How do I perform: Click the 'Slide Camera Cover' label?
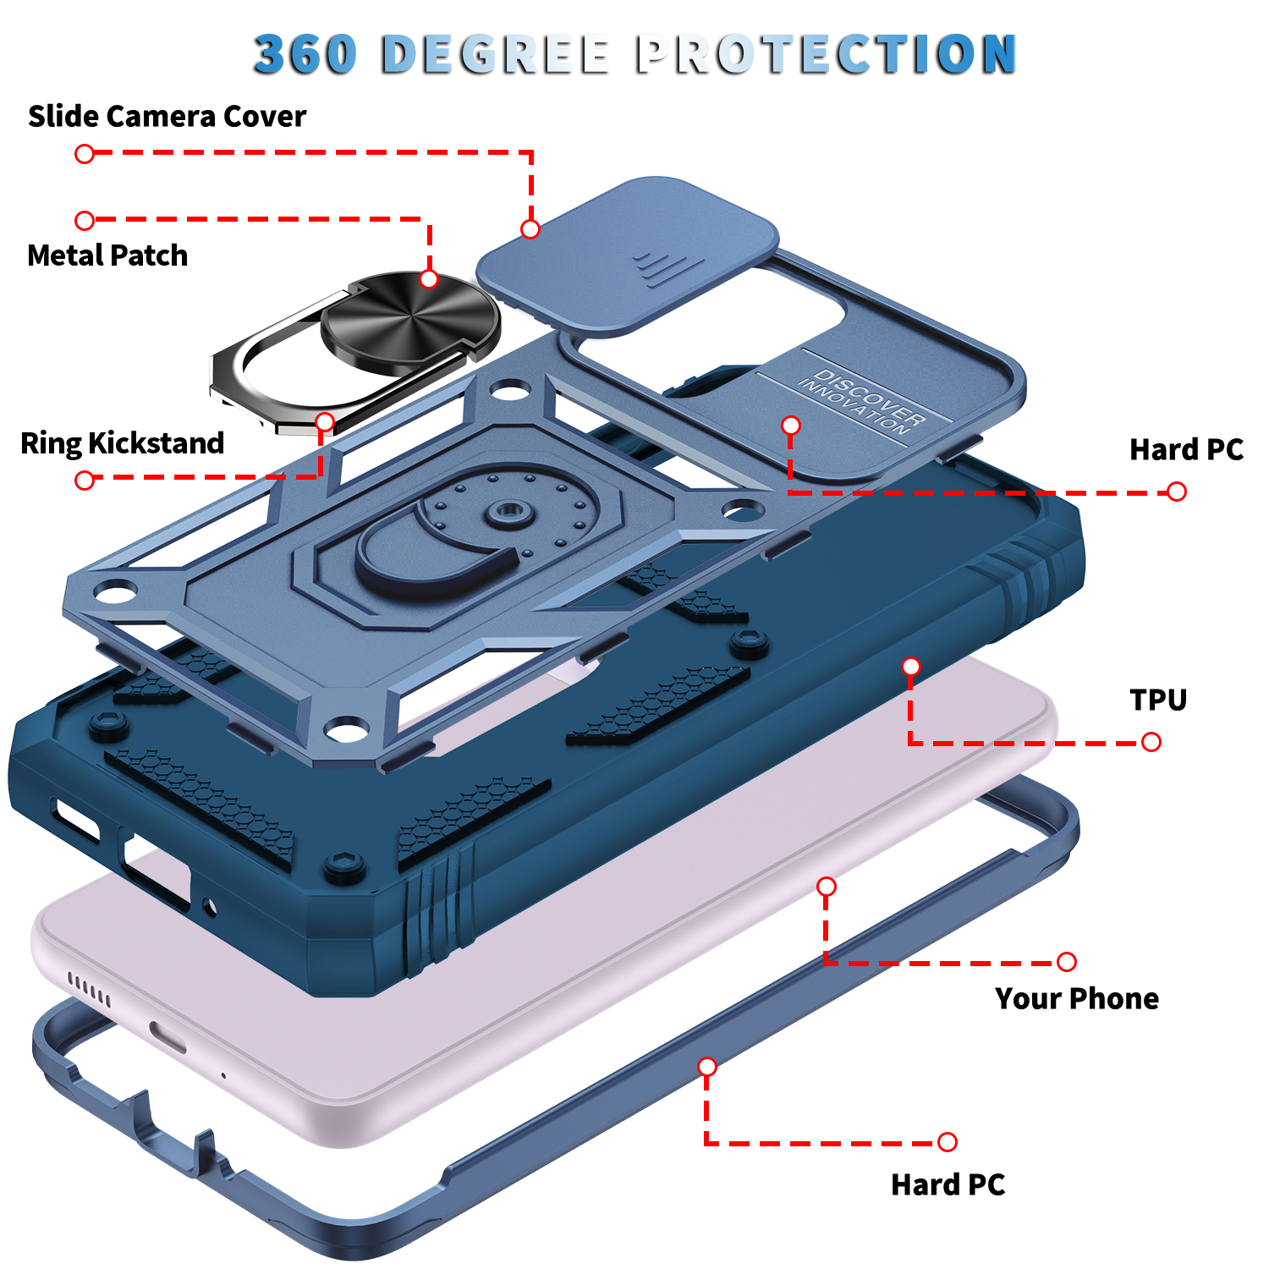coord(167,116)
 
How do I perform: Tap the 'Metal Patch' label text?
coord(107,255)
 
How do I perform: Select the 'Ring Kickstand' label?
coord(123,443)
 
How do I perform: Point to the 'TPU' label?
coord(1158,700)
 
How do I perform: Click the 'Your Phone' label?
coord(1077,998)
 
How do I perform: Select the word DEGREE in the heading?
coord(495,54)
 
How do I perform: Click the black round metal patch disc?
coord(410,321)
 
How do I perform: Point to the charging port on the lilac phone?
coord(168,1037)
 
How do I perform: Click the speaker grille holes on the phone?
coord(89,989)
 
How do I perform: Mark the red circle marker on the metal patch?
coord(429,279)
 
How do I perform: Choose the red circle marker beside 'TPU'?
coord(1151,742)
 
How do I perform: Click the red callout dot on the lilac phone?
coord(827,887)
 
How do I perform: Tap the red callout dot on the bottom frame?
coord(707,1067)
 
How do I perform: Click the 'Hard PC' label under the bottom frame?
coord(948,1185)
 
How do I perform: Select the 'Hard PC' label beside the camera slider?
coord(1187,449)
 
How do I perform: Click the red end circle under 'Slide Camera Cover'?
coord(85,154)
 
